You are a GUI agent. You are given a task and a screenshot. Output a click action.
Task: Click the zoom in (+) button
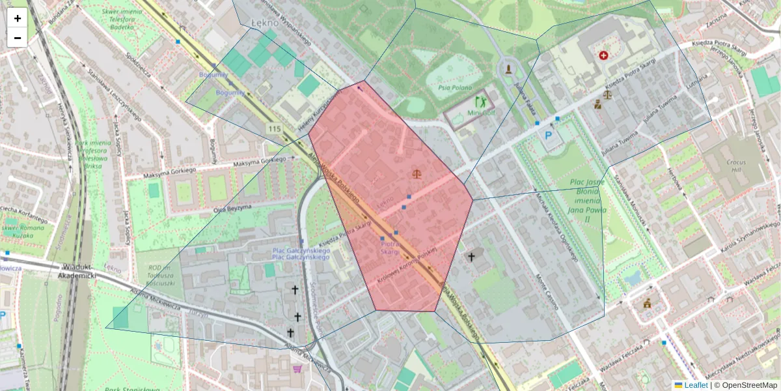(x=18, y=18)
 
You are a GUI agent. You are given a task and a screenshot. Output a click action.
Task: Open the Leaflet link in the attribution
(x=699, y=385)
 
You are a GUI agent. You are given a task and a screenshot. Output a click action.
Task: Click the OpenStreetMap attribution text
(x=749, y=385)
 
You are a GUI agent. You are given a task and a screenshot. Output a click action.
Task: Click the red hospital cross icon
(x=603, y=55)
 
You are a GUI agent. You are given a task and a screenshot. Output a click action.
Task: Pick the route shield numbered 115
(x=274, y=129)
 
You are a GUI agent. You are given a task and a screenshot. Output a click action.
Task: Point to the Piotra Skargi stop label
(x=389, y=248)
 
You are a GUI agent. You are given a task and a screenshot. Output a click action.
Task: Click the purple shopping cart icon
(x=297, y=369)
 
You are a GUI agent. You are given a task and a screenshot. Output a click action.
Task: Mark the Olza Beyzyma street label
(x=232, y=209)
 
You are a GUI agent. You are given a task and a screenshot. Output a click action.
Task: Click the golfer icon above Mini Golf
(x=481, y=102)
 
